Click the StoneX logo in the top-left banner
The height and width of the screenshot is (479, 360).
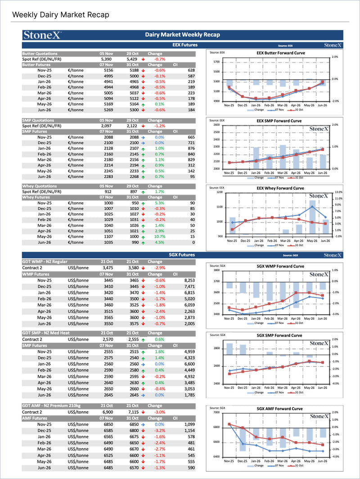[x=43, y=35]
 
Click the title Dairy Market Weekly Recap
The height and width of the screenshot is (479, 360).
[x=182, y=35]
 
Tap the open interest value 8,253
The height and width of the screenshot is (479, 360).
[x=189, y=280]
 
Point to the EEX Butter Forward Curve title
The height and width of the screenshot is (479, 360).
[x=274, y=53]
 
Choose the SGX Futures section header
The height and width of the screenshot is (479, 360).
[x=182, y=255]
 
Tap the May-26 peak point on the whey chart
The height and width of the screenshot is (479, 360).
[x=312, y=207]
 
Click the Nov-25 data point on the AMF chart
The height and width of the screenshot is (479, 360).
[x=229, y=424]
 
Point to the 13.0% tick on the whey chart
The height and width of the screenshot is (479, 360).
[x=338, y=192]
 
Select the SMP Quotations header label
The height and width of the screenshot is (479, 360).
[x=38, y=121]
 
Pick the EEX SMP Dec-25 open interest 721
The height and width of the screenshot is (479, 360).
[x=191, y=143]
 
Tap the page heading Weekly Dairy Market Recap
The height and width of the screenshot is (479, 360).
[x=61, y=15]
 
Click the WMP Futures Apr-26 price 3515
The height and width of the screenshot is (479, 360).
[x=108, y=311]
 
